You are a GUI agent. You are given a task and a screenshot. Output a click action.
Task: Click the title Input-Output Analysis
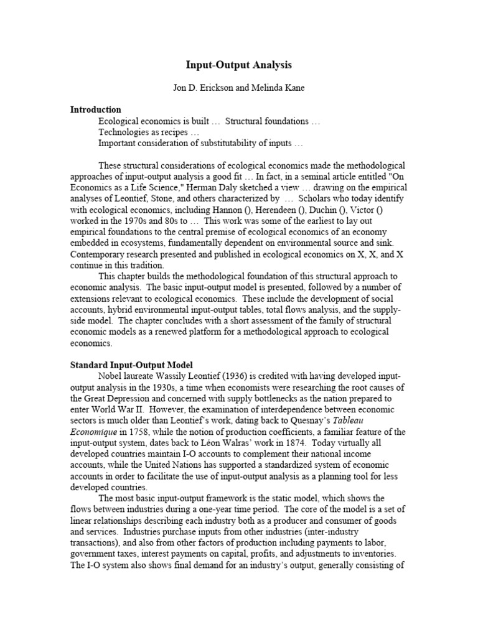239,65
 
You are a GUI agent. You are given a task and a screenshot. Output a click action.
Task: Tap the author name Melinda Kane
280,88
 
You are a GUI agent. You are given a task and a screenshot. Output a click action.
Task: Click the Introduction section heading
95,109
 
